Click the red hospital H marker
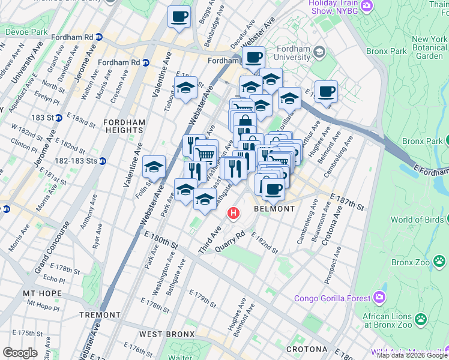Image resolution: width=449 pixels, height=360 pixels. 233,213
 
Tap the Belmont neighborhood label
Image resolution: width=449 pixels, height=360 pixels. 274,209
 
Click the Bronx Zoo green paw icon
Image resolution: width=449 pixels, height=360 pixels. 440,261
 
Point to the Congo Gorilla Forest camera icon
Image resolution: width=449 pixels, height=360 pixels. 379,297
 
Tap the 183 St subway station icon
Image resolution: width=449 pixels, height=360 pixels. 59,118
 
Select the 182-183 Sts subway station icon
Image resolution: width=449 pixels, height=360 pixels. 103,161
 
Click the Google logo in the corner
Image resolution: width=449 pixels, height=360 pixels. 20,352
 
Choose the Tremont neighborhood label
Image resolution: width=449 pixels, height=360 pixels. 100,315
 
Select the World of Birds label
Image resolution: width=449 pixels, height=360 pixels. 419,220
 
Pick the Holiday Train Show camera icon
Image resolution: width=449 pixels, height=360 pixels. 367,6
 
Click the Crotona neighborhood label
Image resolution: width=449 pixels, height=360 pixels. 306,349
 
